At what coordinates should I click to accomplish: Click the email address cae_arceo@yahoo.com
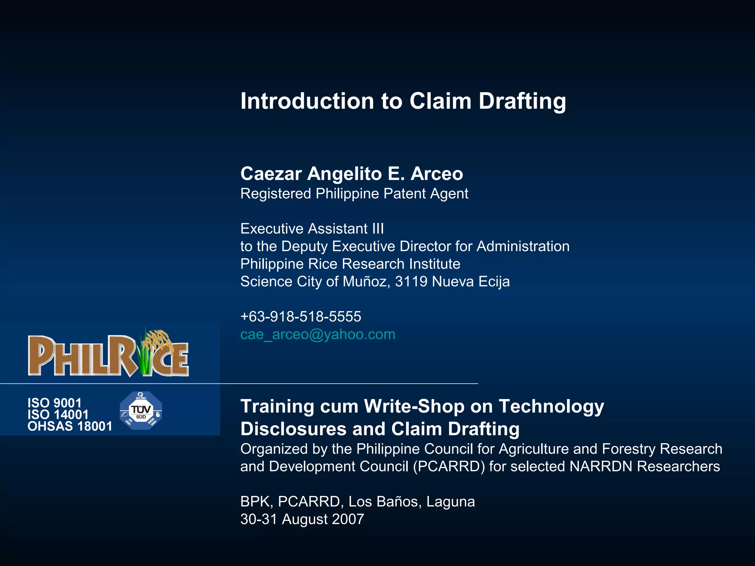(x=317, y=335)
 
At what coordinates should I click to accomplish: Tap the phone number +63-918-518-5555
(x=300, y=317)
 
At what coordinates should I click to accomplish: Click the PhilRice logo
(x=108, y=355)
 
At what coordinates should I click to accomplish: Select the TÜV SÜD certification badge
(x=141, y=411)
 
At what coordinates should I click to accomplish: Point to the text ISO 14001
(x=58, y=415)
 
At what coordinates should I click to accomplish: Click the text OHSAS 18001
(x=70, y=426)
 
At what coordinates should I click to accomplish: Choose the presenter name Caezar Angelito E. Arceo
(x=351, y=174)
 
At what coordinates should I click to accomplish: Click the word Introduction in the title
(x=307, y=101)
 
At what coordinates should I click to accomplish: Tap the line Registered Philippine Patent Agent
(x=354, y=194)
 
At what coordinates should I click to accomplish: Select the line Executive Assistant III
(x=312, y=229)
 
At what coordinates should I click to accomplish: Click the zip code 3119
(x=411, y=282)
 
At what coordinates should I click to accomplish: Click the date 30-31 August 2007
(x=302, y=519)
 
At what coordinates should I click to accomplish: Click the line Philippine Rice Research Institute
(x=350, y=264)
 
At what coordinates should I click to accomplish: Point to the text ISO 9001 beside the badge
(x=54, y=403)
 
